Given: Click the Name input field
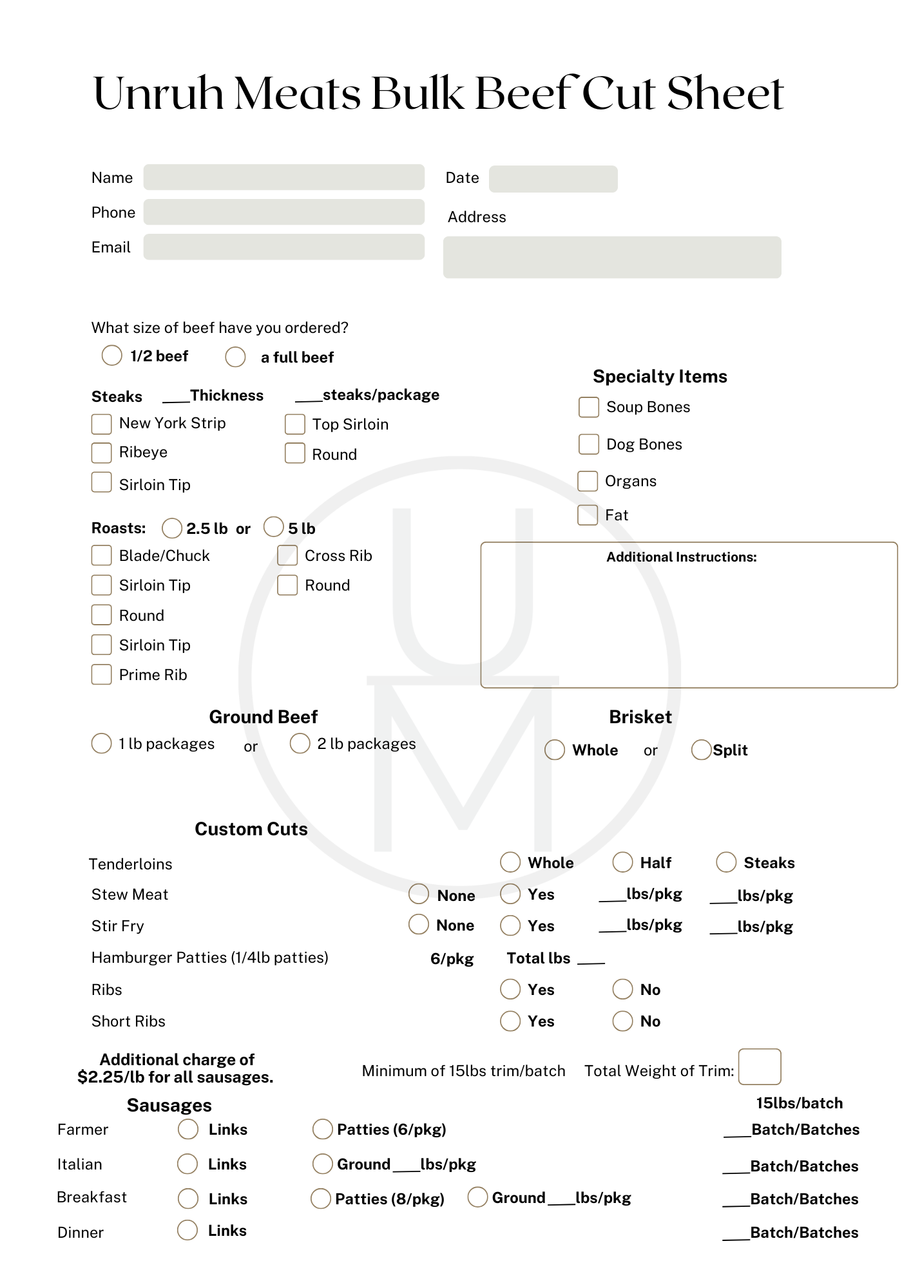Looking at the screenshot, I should click(x=283, y=177).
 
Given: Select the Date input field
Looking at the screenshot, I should click(x=553, y=179).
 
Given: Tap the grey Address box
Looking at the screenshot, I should click(x=611, y=257).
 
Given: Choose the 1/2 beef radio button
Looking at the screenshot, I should click(x=112, y=355).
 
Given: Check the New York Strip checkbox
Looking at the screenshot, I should click(x=102, y=424).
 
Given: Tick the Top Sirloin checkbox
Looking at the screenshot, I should click(x=295, y=424).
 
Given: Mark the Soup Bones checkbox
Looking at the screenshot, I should click(x=589, y=407).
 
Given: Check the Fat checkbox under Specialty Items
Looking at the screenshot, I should click(x=588, y=515).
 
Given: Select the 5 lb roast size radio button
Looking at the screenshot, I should click(x=274, y=527).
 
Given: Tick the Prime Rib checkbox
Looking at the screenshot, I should click(x=102, y=674).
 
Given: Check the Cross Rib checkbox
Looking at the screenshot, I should click(x=287, y=555).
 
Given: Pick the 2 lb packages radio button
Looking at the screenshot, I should click(x=300, y=743).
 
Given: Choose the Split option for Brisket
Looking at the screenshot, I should click(x=701, y=750).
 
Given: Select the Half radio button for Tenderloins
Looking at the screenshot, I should click(x=622, y=862).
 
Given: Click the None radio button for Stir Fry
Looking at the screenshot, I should click(x=419, y=924).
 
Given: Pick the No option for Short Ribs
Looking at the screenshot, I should click(x=622, y=1021).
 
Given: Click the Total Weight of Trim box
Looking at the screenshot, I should click(x=760, y=1066).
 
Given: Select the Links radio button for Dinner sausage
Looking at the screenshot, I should click(x=187, y=1230).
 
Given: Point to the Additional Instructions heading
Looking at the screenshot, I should click(x=682, y=557).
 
